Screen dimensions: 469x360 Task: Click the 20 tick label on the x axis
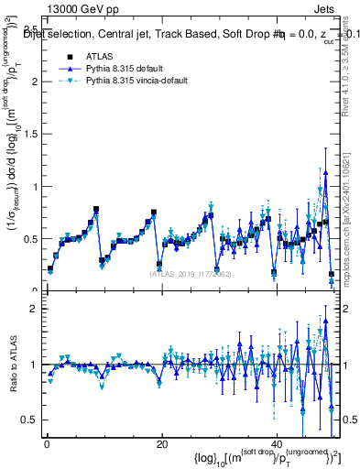coord(161,444)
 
